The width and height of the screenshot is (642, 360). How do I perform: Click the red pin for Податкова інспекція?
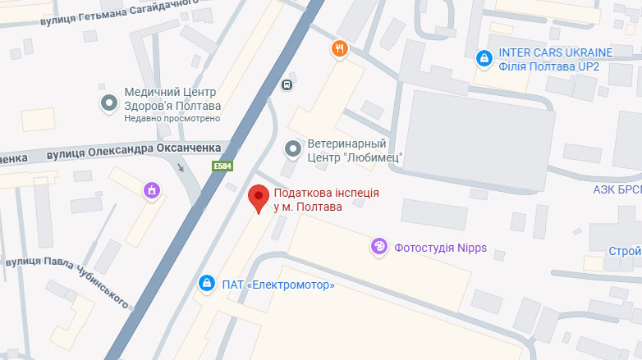point(259,198)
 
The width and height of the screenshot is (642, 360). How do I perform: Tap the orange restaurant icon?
point(340,49)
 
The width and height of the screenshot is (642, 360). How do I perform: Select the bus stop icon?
point(287,84)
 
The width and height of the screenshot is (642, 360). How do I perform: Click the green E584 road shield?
point(222,166)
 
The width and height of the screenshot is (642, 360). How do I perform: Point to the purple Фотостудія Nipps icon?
point(379,246)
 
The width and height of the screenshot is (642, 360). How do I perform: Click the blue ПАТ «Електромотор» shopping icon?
point(207,285)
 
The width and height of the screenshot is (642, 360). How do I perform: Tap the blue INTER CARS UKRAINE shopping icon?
point(484,58)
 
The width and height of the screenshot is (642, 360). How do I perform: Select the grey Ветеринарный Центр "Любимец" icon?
point(292,148)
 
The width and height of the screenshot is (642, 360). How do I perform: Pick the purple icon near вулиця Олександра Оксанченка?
point(151,191)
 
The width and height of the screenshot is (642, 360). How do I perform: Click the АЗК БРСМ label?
point(617,188)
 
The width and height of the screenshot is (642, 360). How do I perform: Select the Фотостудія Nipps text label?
point(440,247)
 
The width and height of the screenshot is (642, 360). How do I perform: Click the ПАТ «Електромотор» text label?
point(278,285)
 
